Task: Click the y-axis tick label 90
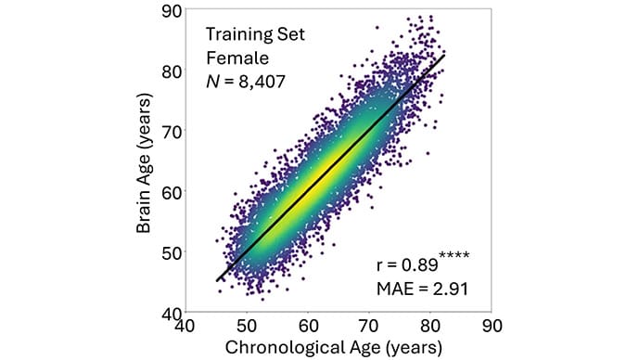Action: pos(172,11)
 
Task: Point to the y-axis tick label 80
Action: pos(172,71)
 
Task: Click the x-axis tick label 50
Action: pos(247,327)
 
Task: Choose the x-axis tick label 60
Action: pos(308,327)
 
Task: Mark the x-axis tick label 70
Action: pos(369,327)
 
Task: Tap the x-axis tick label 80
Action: pos(430,327)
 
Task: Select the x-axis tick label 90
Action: pos(492,327)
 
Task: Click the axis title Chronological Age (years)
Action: pos(333,348)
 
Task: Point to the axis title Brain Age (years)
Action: pos(144,163)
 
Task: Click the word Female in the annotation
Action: pos(237,58)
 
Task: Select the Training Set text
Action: pos(255,33)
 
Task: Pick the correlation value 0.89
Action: pos(420,265)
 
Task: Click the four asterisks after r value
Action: pos(454,256)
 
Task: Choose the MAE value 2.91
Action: pos(451,289)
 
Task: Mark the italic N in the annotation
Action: pos(212,82)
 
